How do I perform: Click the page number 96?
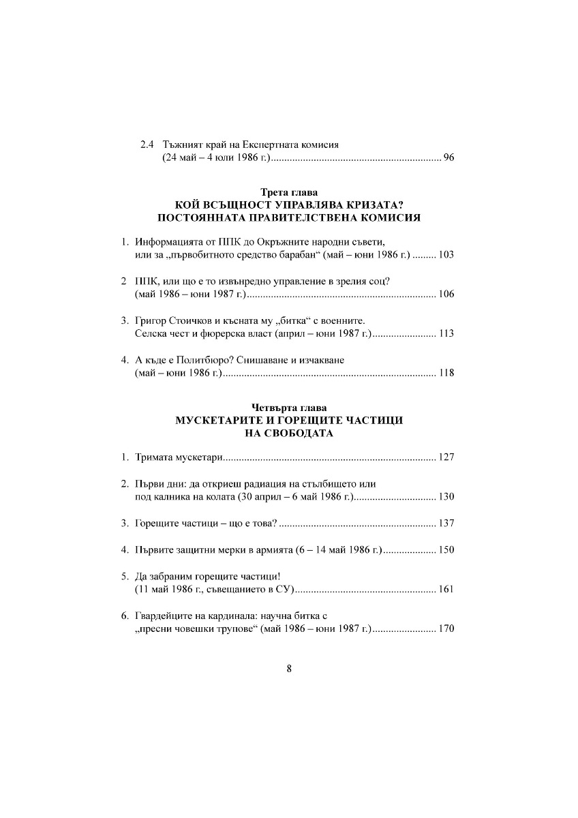pyautogui.click(x=448, y=158)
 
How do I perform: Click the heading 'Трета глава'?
pyautogui.click(x=289, y=193)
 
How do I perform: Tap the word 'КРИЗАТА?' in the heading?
pyautogui.click(x=375, y=205)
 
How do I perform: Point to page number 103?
pyautogui.click(x=445, y=255)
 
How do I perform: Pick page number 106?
pyautogui.click(x=445, y=294)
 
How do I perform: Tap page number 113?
pyautogui.click(x=445, y=333)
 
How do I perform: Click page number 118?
pyautogui.click(x=445, y=373)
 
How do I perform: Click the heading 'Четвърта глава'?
pyautogui.click(x=289, y=408)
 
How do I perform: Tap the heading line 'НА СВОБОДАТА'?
pyautogui.click(x=289, y=433)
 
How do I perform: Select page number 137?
pyautogui.click(x=445, y=524)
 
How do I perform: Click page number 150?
pyautogui.click(x=445, y=550)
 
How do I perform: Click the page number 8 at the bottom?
pyautogui.click(x=289, y=669)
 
